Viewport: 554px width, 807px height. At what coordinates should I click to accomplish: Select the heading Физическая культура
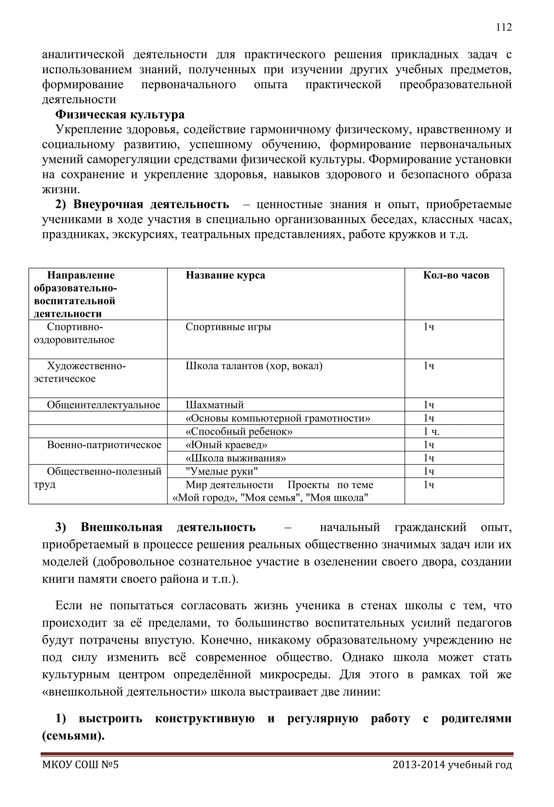[120, 114]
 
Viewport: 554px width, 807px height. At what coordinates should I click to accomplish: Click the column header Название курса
[225, 275]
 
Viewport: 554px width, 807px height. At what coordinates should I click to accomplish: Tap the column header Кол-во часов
[456, 275]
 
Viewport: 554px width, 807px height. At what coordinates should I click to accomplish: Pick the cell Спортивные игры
[228, 327]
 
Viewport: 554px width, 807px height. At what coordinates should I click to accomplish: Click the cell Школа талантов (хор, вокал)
[254, 366]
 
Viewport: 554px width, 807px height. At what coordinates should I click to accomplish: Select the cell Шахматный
[215, 405]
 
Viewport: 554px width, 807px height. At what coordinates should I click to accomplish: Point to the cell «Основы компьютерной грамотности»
[278, 418]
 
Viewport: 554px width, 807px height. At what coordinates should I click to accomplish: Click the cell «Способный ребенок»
[239, 432]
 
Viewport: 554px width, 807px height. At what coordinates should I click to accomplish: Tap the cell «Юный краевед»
[226, 445]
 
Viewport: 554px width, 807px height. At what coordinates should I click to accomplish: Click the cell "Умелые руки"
[222, 471]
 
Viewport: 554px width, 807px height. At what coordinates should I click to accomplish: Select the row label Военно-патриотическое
[104, 445]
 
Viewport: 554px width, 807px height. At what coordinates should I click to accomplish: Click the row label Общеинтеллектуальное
[103, 405]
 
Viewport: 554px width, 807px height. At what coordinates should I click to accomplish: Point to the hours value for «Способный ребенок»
[431, 432]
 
